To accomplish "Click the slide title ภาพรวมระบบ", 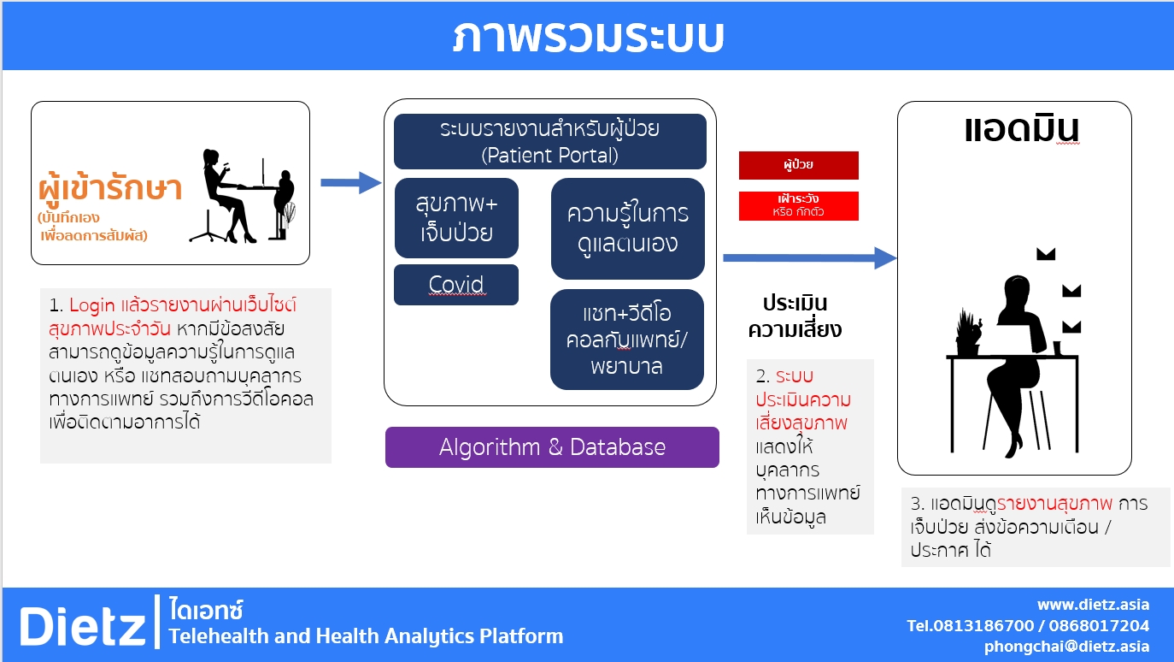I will pyautogui.click(x=588, y=37).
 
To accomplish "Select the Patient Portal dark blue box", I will pyautogui.click(x=549, y=142).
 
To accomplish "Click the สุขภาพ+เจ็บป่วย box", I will pyautogui.click(x=456, y=218).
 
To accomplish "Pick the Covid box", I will pyautogui.click(x=456, y=285).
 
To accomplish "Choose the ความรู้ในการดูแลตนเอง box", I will pyautogui.click(x=627, y=228).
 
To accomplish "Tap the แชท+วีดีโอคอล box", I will pyautogui.click(x=627, y=340).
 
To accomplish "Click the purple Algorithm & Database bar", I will pyautogui.click(x=552, y=447).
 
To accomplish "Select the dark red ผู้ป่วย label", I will pyautogui.click(x=798, y=165).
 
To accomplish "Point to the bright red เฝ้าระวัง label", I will pyautogui.click(x=798, y=205).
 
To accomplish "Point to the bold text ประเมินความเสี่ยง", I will pyautogui.click(x=795, y=316).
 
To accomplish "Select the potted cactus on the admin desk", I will pyautogui.click(x=968, y=333).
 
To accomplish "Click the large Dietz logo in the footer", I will pyautogui.click(x=83, y=625).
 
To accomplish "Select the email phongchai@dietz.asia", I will pyautogui.click(x=1066, y=647).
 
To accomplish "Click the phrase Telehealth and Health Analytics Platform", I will pyautogui.click(x=366, y=636).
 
